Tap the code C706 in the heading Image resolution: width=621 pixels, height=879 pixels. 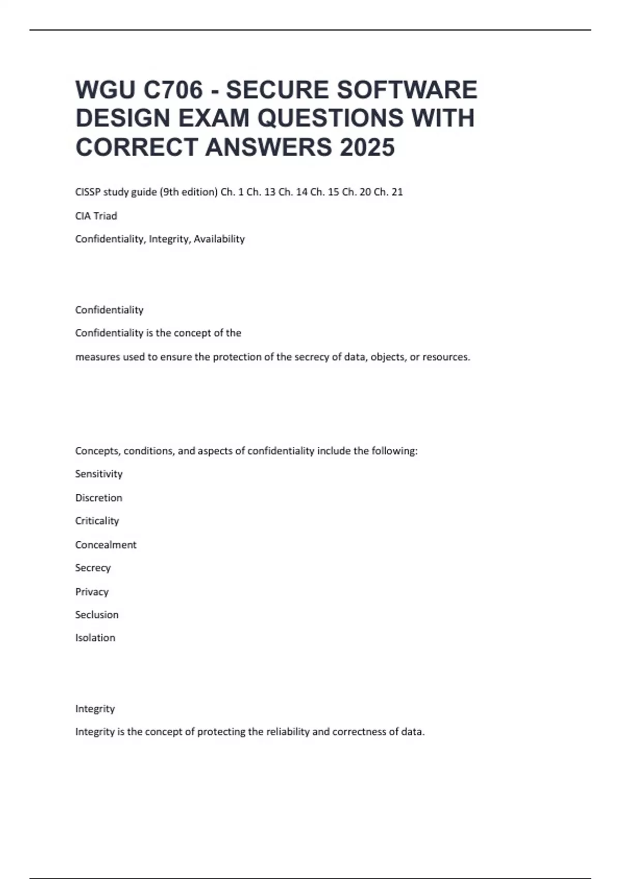(x=173, y=90)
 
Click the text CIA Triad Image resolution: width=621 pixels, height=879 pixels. (x=96, y=216)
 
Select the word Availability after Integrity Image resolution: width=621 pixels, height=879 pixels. (x=219, y=239)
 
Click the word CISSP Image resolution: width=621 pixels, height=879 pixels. (x=88, y=192)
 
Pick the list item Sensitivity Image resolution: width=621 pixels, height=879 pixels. (x=99, y=474)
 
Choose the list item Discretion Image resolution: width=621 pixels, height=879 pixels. (x=99, y=498)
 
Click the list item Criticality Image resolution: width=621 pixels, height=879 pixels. (x=97, y=521)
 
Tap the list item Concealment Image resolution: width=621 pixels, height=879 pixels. (x=106, y=544)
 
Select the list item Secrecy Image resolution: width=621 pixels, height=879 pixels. (x=93, y=568)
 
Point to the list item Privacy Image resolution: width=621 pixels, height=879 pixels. (x=92, y=592)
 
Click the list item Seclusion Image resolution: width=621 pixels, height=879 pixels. (x=97, y=615)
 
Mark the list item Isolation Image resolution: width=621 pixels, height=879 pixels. (x=95, y=638)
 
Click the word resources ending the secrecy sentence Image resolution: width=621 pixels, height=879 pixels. (x=446, y=357)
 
